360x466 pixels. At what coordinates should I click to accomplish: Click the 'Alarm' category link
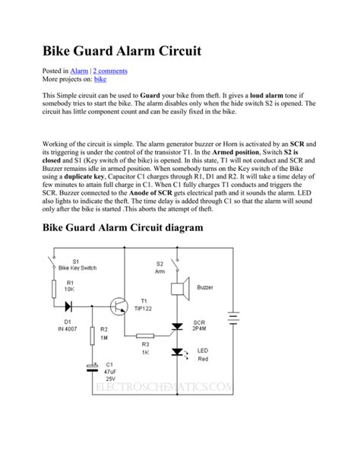pos(79,70)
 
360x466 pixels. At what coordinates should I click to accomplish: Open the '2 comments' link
pos(110,70)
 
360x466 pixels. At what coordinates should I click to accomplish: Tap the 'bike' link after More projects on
pos(99,78)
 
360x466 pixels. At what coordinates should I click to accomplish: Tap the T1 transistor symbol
pos(118,306)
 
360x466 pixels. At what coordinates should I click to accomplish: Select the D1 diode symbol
pos(68,306)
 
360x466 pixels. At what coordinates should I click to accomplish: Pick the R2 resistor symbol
pos(93,336)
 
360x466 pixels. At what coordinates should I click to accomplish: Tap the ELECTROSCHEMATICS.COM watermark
pos(163,388)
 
